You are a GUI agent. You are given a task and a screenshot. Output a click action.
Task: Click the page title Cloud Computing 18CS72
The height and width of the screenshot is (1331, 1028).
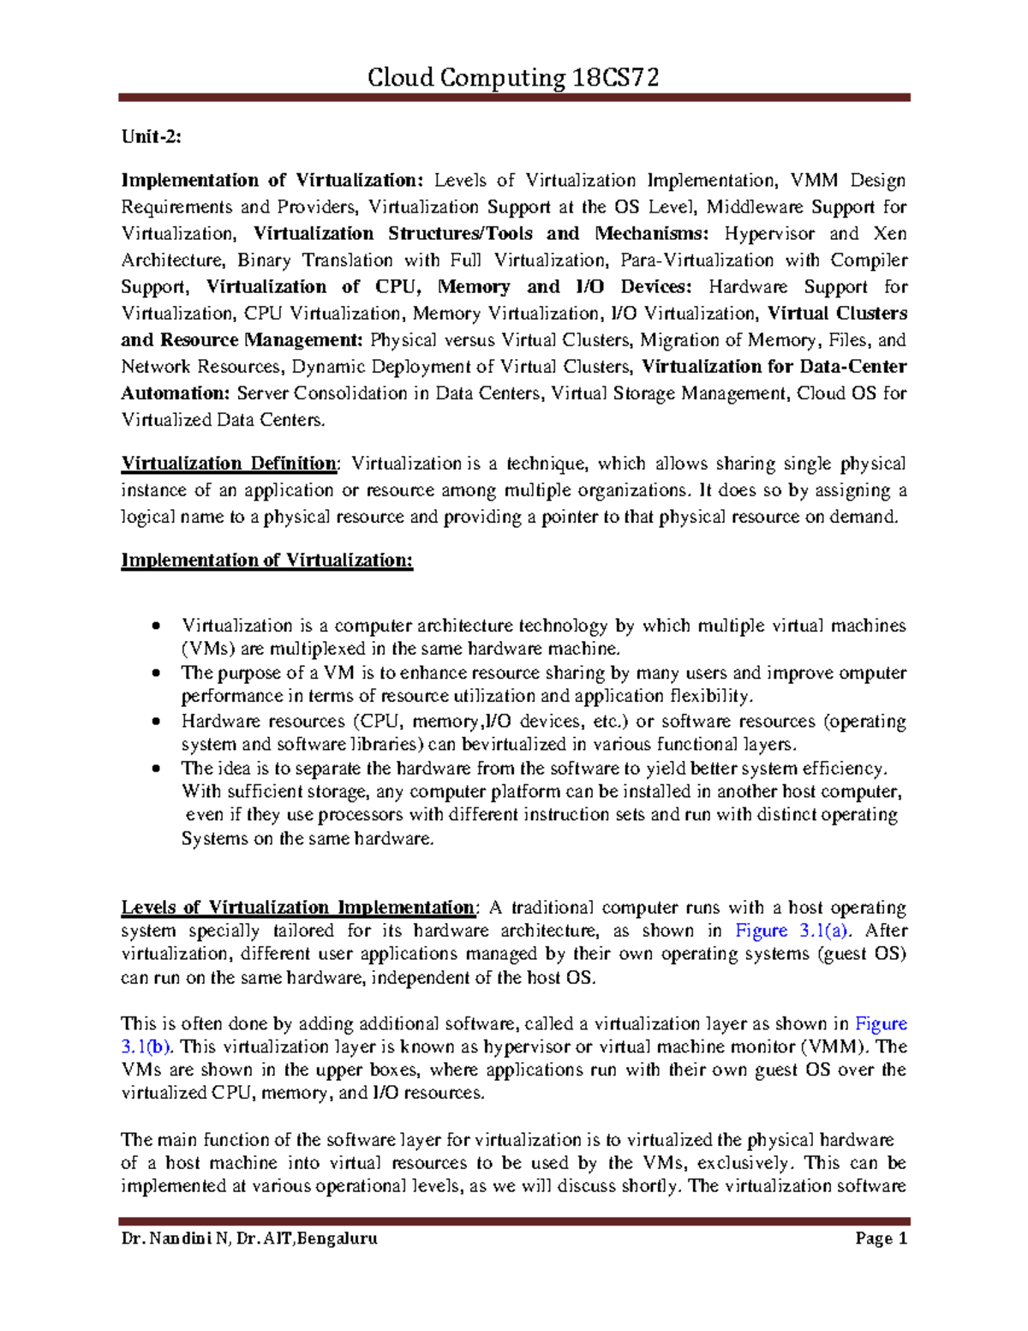tap(513, 78)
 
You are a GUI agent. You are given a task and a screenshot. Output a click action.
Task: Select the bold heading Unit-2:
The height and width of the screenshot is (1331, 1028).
tap(151, 137)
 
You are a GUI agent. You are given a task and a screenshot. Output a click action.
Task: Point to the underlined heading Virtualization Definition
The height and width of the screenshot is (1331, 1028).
tap(229, 464)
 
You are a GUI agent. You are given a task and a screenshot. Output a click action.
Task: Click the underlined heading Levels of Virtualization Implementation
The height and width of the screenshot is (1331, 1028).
tap(297, 908)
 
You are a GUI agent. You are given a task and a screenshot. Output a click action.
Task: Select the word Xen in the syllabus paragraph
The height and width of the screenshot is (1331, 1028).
tap(889, 234)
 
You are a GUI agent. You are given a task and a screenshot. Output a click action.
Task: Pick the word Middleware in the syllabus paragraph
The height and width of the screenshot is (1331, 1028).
tap(755, 207)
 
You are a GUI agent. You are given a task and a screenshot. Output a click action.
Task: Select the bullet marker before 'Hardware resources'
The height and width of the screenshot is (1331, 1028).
tap(155, 722)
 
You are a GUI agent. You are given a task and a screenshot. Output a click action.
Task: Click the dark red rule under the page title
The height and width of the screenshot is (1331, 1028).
tap(514, 99)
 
